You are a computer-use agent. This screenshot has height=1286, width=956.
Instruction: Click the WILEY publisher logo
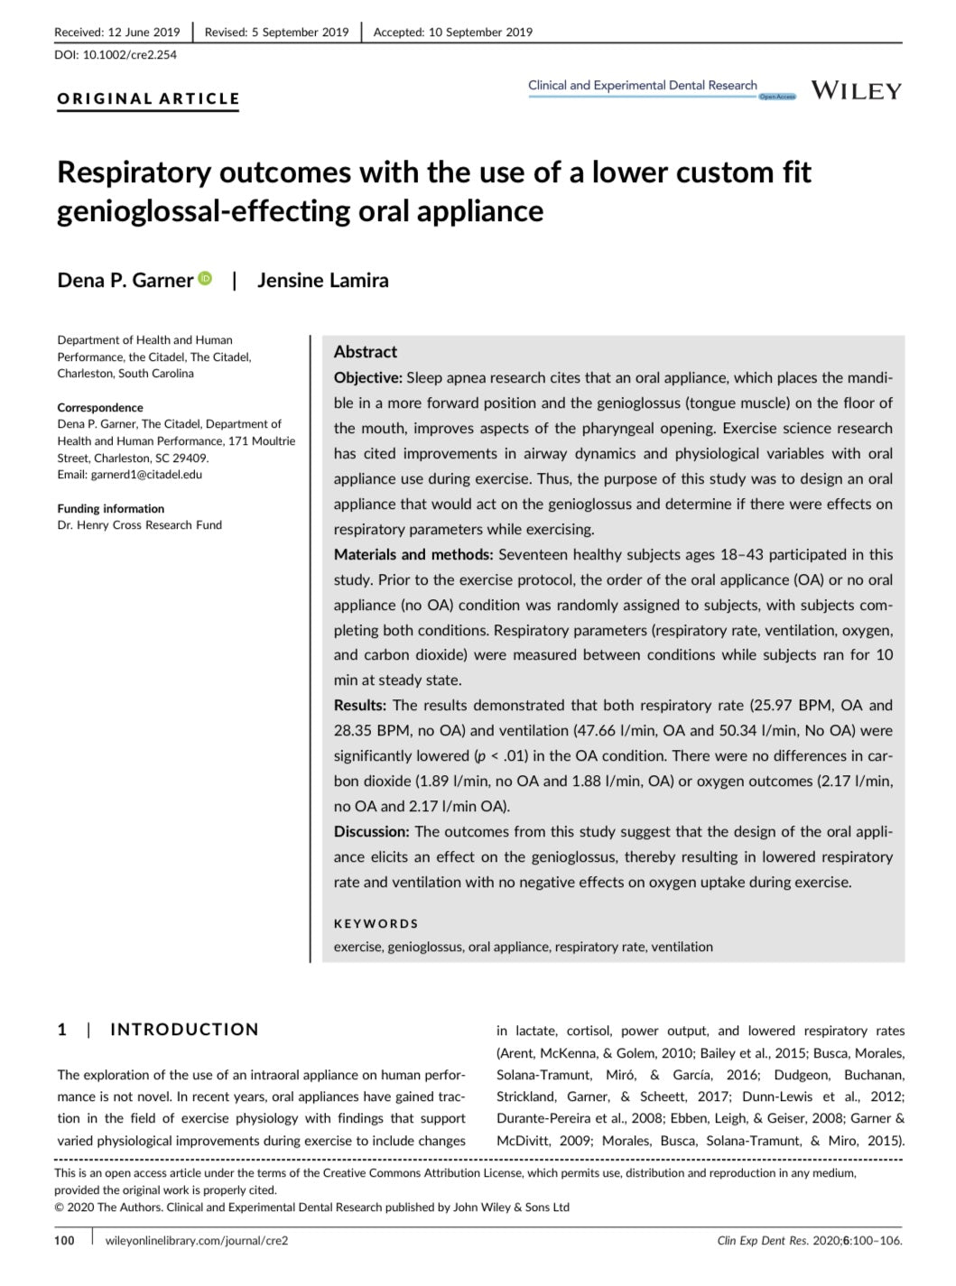click(856, 91)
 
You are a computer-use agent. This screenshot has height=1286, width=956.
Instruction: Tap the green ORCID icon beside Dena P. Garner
click(205, 279)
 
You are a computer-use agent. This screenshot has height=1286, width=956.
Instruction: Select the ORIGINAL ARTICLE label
click(148, 99)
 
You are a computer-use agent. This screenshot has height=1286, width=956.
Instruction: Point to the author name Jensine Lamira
click(322, 280)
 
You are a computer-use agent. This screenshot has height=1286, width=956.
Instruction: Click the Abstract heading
click(365, 352)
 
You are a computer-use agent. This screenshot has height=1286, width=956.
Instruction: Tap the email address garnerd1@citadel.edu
click(146, 475)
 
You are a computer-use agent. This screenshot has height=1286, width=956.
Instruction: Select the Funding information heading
click(110, 508)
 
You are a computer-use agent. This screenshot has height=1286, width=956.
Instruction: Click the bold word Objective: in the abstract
click(367, 378)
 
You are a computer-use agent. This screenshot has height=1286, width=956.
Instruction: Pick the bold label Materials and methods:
click(413, 555)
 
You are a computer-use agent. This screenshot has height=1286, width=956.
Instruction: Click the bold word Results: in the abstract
click(359, 706)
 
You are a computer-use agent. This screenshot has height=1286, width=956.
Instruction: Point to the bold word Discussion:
click(371, 832)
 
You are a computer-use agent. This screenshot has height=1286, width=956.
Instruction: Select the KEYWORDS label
click(376, 924)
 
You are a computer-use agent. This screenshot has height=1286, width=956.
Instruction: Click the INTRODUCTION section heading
click(184, 1030)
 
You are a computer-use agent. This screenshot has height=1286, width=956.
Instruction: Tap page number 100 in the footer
click(64, 1241)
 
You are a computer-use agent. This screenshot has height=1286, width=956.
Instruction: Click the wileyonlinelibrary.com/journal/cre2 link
click(197, 1241)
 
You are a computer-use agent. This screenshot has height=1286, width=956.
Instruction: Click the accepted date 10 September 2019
click(480, 32)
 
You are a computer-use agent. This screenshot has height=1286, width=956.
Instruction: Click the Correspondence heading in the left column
click(100, 407)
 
